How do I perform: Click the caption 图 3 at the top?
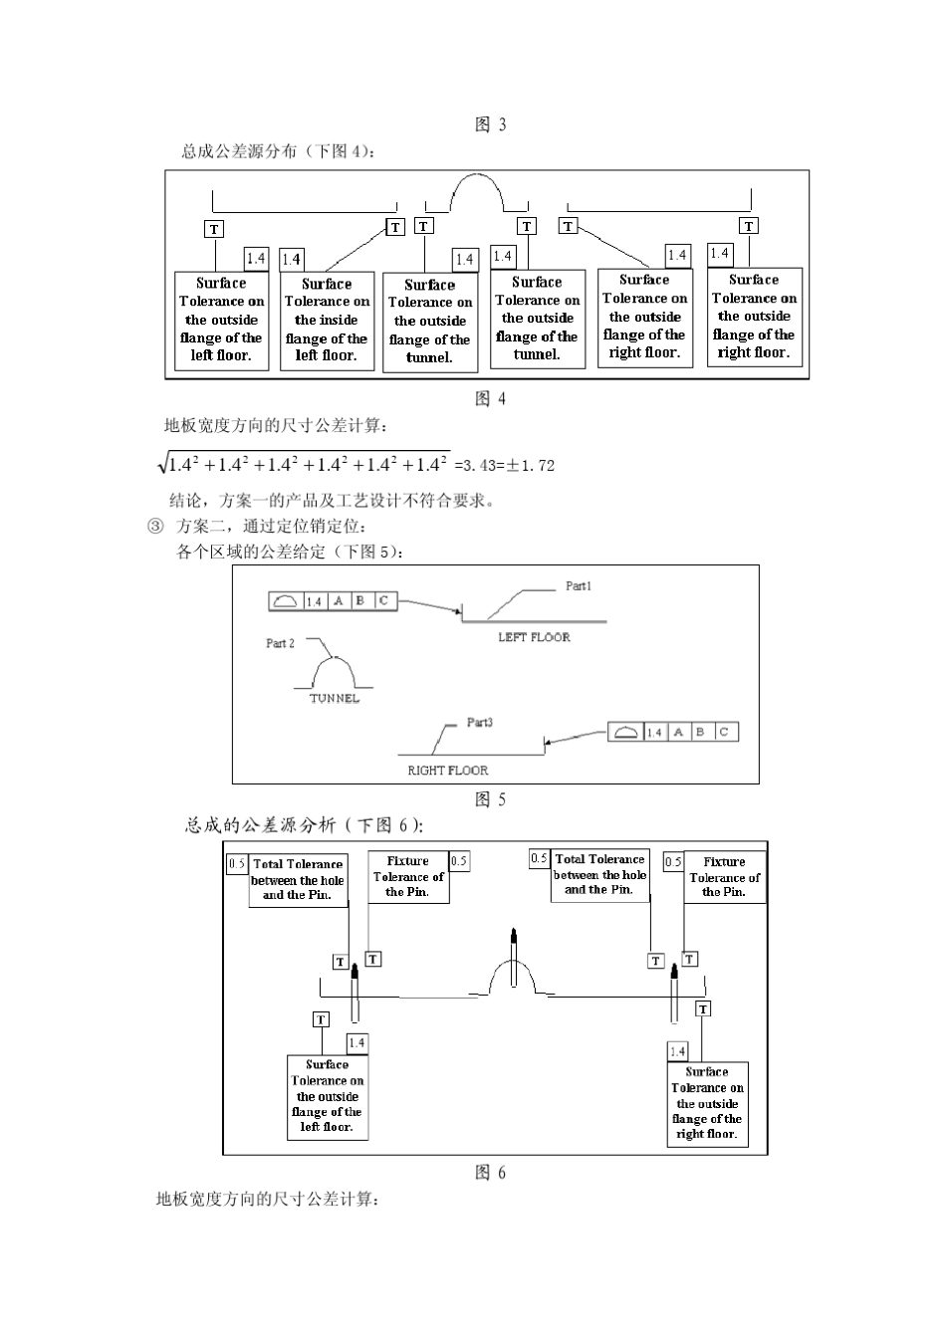(x=490, y=124)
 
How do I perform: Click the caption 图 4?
(x=490, y=399)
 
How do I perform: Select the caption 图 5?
(x=490, y=799)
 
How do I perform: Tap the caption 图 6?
(x=490, y=1173)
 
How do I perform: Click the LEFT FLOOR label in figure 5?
(x=534, y=637)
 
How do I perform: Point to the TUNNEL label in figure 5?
(x=335, y=699)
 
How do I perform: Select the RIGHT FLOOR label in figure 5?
(x=448, y=771)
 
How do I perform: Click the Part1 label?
(x=579, y=586)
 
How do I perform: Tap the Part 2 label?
(x=280, y=644)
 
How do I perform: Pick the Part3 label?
(x=480, y=723)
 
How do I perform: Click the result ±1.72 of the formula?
(x=530, y=465)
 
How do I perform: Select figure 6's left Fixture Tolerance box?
(x=408, y=877)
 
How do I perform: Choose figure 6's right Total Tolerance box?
(x=599, y=875)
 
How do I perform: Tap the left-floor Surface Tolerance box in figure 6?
(x=327, y=1097)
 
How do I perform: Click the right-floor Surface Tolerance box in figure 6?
(x=707, y=1104)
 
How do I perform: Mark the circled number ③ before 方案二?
(x=155, y=527)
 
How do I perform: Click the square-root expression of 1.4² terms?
(x=305, y=464)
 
